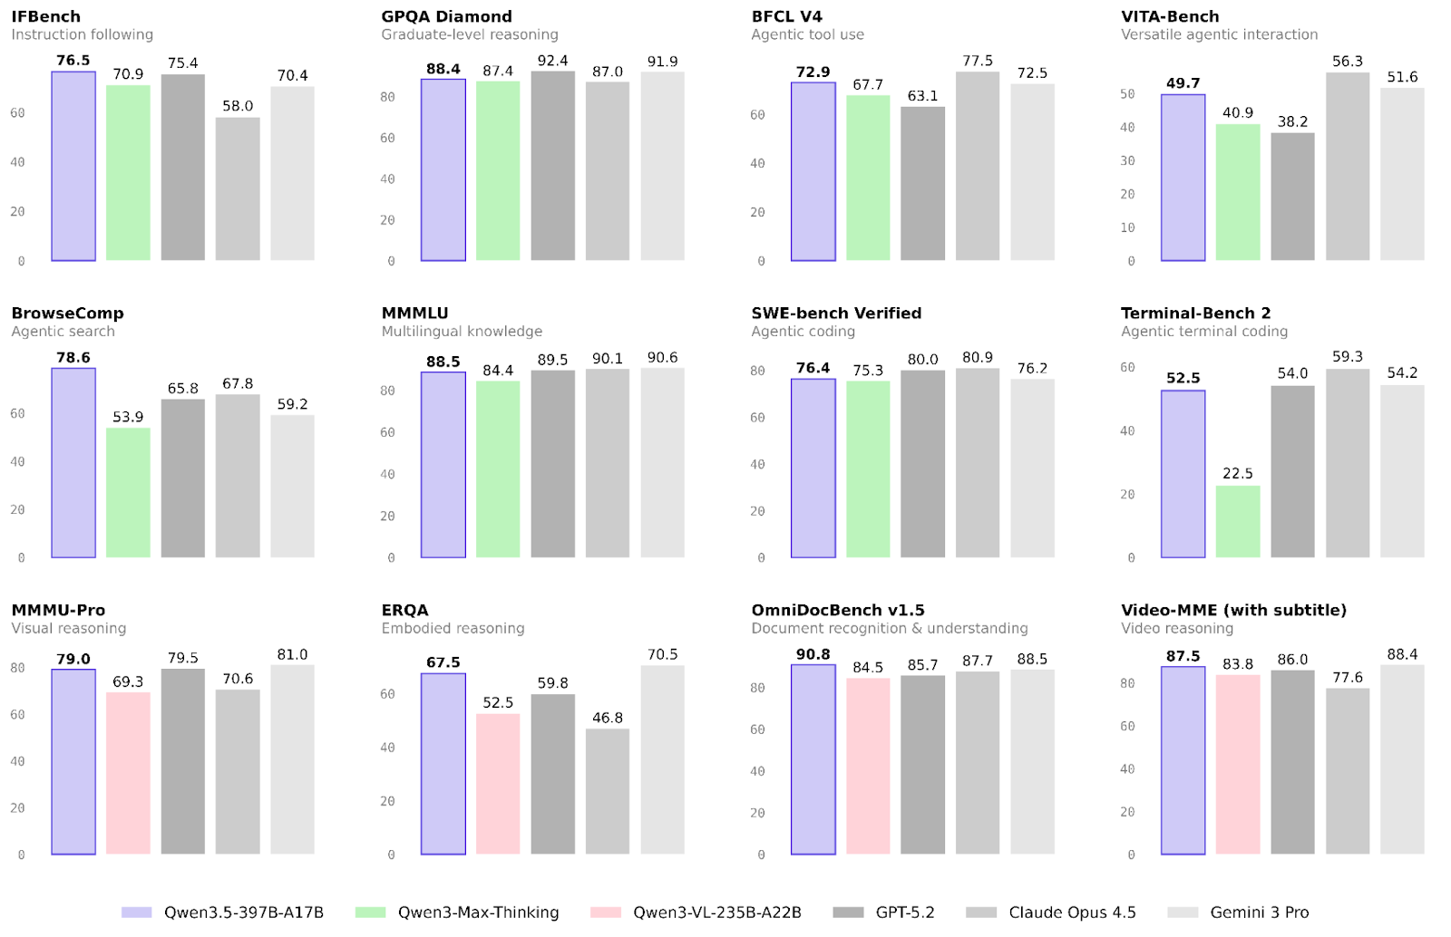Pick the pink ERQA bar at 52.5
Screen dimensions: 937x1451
click(498, 784)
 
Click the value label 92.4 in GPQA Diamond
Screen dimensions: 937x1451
click(552, 61)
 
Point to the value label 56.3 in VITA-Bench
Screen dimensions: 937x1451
click(1347, 61)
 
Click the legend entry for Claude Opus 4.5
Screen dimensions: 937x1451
click(1072, 913)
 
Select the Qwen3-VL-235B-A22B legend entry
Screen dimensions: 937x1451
click(716, 913)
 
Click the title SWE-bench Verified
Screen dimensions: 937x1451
click(836, 313)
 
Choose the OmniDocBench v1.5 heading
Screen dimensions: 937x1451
click(837, 610)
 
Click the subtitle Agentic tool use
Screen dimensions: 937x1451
click(807, 34)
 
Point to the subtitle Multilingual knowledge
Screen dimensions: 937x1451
click(462, 332)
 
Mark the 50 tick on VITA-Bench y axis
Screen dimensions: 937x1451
click(1127, 94)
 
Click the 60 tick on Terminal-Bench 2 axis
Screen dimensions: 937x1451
click(1127, 367)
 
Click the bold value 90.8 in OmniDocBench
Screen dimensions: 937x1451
click(813, 654)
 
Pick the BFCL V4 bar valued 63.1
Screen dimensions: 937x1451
click(922, 184)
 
